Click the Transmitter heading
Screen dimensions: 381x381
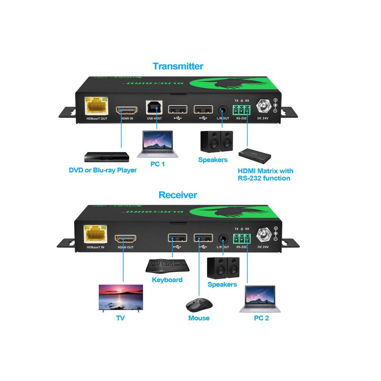click(x=178, y=66)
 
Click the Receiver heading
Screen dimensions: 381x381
click(x=178, y=195)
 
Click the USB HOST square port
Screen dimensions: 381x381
click(x=154, y=107)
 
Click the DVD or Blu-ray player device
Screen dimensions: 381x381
click(x=107, y=157)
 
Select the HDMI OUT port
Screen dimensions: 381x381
click(x=126, y=239)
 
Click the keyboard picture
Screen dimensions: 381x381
click(x=167, y=266)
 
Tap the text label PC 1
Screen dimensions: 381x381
click(x=157, y=164)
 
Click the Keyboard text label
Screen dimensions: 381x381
click(x=167, y=280)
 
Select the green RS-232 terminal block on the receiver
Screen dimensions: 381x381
click(x=241, y=238)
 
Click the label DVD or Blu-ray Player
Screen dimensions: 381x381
click(x=103, y=170)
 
